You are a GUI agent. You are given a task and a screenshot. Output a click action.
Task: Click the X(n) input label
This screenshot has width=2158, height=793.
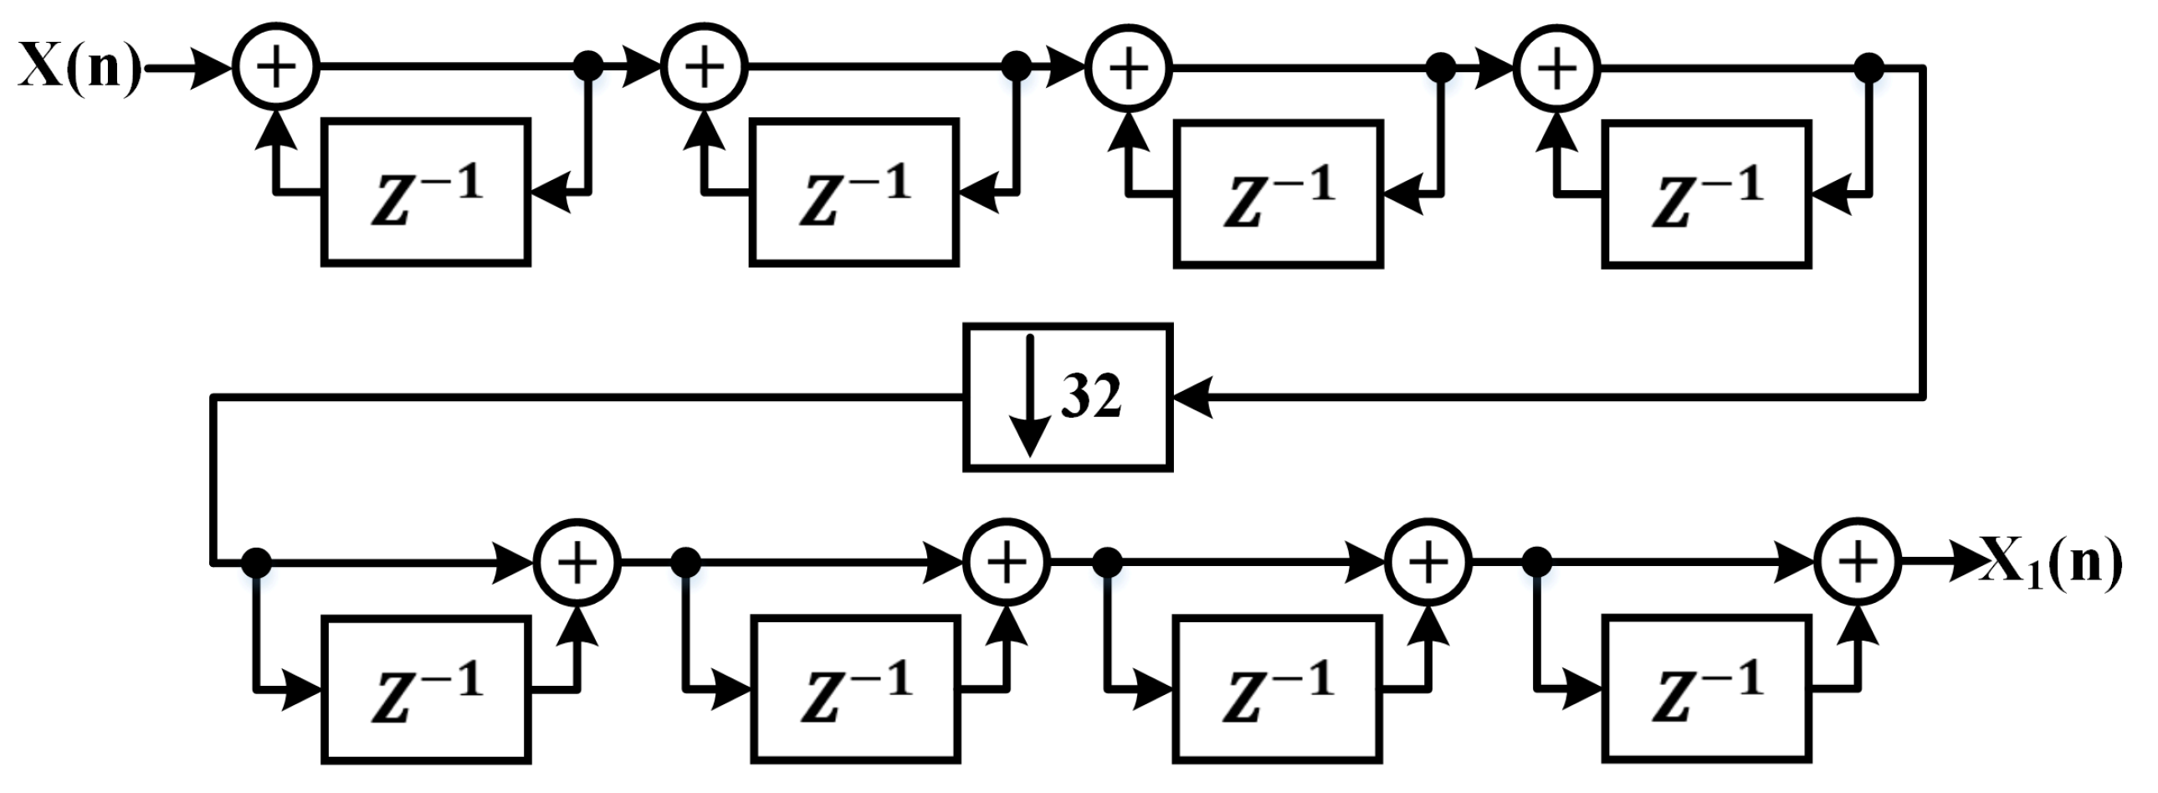click(x=79, y=67)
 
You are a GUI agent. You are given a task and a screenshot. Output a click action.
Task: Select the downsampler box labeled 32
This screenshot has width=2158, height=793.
click(x=1067, y=398)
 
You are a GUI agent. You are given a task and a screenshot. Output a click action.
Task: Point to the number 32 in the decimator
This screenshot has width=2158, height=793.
click(x=1091, y=395)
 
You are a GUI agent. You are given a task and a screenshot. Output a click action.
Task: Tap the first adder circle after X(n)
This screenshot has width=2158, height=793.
click(x=275, y=67)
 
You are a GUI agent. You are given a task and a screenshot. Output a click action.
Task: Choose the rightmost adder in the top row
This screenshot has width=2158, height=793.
click(x=1556, y=67)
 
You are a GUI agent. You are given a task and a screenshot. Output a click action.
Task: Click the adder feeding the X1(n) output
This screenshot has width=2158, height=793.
click(x=1858, y=561)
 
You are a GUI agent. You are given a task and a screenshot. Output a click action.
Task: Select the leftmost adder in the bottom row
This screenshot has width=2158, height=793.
click(x=577, y=561)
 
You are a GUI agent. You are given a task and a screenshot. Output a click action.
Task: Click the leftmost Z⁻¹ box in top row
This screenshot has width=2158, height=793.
click(x=426, y=193)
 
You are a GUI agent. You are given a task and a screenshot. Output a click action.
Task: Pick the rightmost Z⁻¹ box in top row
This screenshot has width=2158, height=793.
click(x=1706, y=194)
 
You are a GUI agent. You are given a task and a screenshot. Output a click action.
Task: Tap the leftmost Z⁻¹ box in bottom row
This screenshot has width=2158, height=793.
click(x=426, y=690)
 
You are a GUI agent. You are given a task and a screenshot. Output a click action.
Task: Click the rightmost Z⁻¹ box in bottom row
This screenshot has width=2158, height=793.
click(x=1706, y=688)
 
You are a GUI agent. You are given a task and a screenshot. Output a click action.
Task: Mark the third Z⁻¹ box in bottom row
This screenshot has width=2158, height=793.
click(x=1278, y=689)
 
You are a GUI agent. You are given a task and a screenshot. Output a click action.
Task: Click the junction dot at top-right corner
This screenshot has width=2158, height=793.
click(x=1870, y=67)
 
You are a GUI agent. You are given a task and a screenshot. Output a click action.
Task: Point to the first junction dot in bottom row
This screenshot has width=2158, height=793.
click(x=255, y=562)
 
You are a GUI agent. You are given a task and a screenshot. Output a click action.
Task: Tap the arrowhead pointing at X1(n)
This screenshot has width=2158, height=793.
click(x=1966, y=561)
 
